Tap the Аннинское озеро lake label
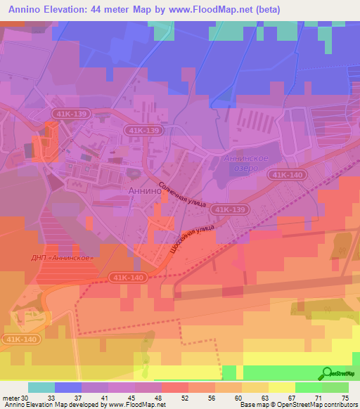(245, 163)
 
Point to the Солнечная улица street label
(181, 194)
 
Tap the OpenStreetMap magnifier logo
(326, 374)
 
